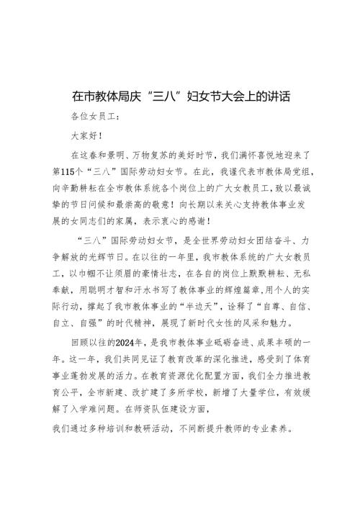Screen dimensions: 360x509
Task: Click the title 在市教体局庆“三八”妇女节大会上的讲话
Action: (180, 95)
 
